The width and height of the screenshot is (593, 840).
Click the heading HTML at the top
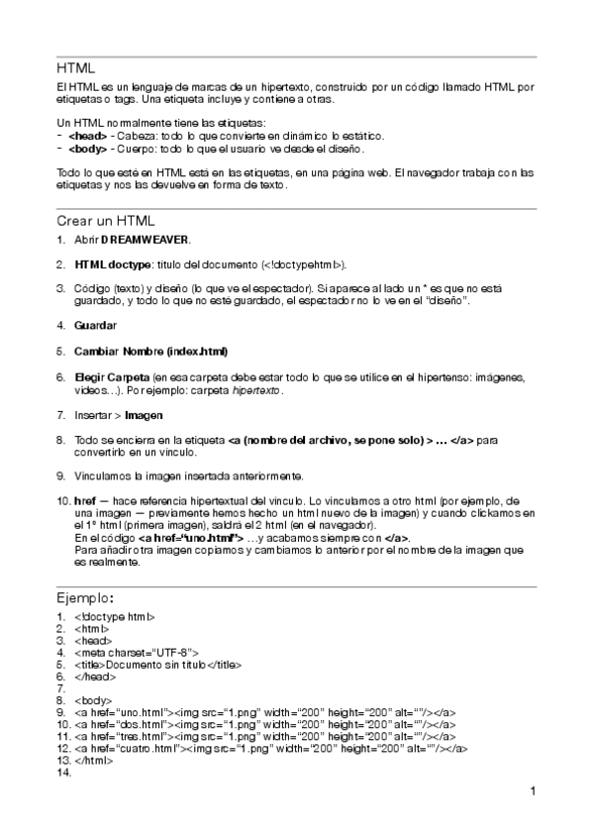click(75, 69)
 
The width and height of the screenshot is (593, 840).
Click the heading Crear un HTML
click(105, 221)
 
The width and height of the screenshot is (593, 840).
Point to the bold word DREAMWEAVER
click(143, 240)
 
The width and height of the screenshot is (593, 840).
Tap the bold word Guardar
click(95, 325)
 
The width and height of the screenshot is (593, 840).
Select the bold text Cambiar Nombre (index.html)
click(150, 351)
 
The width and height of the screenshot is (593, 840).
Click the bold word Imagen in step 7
click(143, 415)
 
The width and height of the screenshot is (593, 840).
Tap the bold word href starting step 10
click(84, 501)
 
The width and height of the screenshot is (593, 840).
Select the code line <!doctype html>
click(114, 616)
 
